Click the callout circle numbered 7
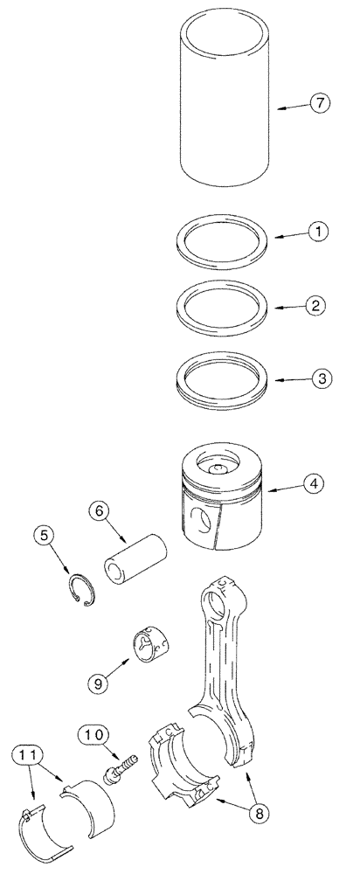click(319, 104)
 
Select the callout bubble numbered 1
click(319, 232)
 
